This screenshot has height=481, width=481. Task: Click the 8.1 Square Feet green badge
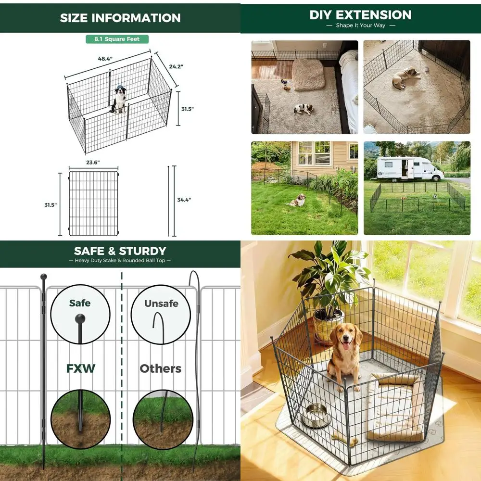117,39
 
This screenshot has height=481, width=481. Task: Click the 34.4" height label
184,200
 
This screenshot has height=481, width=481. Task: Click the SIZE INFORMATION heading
120,18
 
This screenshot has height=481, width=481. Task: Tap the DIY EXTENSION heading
360,15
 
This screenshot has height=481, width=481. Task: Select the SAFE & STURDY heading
120,251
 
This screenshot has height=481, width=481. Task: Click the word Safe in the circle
80,303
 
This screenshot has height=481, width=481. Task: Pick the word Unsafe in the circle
161,304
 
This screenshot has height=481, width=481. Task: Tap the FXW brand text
80,369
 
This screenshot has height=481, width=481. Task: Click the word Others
161,369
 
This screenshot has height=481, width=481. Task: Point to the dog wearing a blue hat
119,99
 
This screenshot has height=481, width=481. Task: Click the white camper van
409,169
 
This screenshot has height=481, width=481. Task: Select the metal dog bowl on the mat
316,415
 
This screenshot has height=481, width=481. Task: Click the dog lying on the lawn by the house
297,200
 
